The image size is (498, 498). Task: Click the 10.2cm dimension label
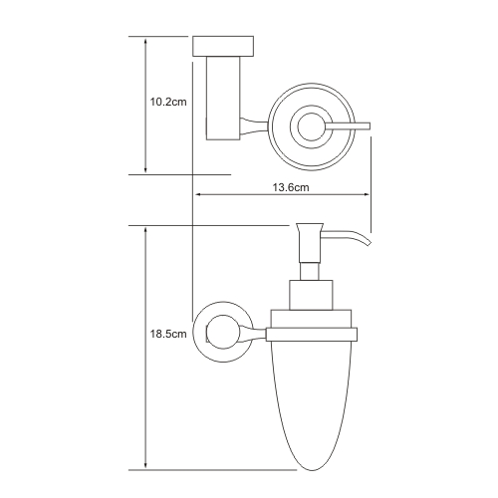point(168,102)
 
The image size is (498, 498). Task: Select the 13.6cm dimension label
point(291,187)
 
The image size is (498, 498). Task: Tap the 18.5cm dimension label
point(168,334)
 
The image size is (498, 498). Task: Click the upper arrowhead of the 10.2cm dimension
point(145,41)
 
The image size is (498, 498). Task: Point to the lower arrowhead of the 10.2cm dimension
point(145,169)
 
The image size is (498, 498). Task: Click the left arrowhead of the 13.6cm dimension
point(199,194)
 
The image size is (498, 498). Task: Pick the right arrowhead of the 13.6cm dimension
point(366,194)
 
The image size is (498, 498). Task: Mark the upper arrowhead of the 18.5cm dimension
point(145,231)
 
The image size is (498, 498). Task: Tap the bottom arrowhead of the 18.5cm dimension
point(145,465)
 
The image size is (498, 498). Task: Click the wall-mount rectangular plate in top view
point(223,46)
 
